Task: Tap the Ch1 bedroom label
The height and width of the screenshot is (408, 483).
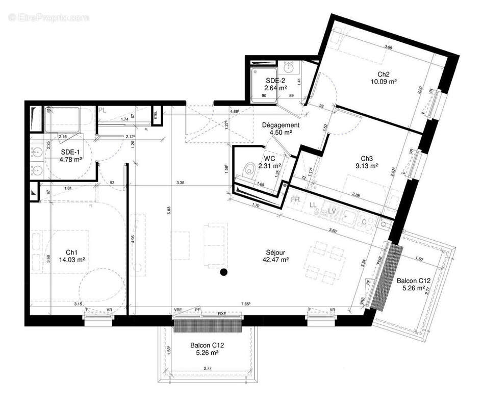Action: (72, 252)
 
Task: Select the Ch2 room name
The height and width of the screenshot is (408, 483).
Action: (384, 73)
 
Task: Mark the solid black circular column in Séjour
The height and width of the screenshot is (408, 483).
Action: (223, 272)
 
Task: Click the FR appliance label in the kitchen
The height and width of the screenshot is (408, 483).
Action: (295, 199)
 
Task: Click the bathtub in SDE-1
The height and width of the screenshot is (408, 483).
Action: (68, 119)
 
